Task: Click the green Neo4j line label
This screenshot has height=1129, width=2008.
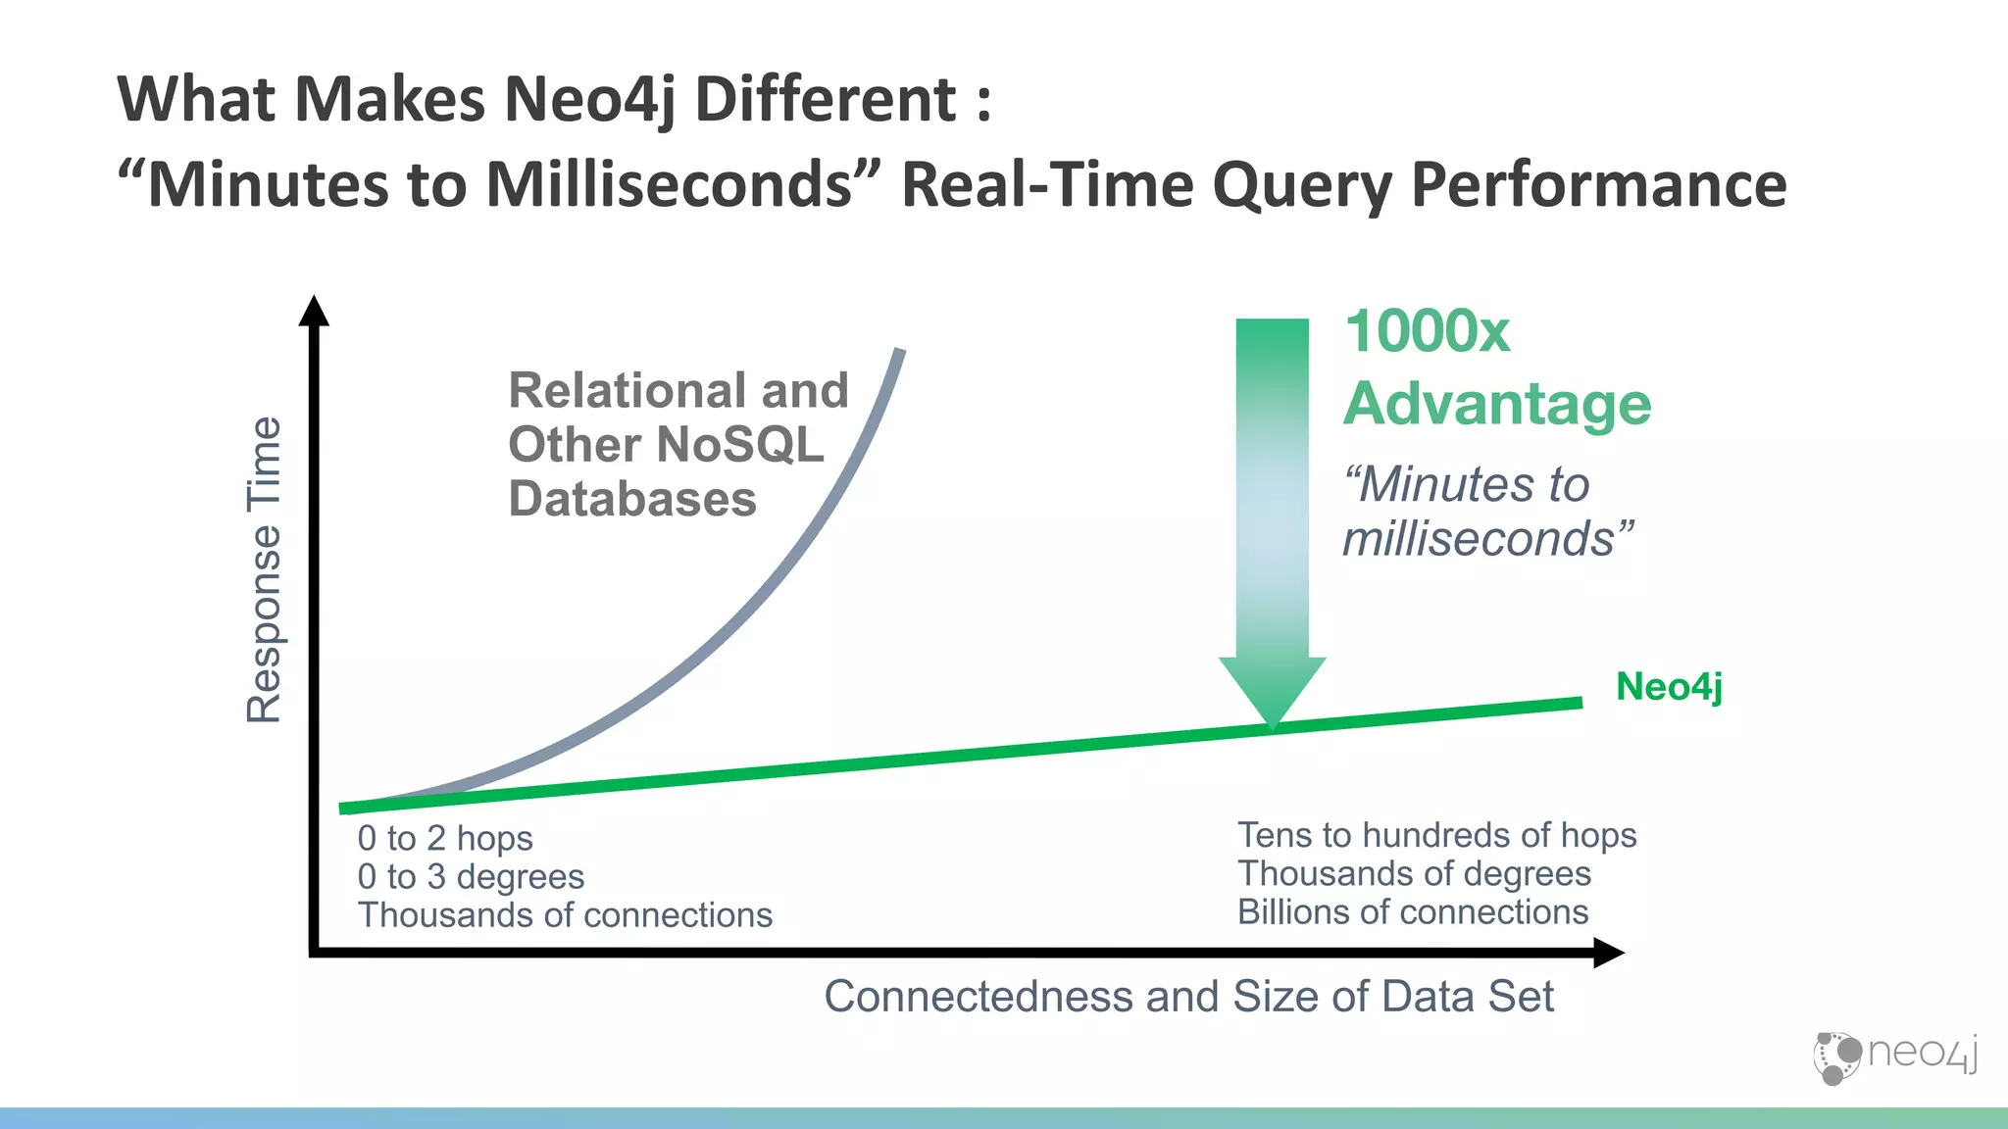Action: click(1669, 687)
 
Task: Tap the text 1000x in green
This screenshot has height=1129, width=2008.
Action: click(1427, 331)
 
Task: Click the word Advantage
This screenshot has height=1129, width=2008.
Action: click(1497, 404)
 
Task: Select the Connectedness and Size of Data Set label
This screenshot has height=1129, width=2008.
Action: click(1188, 997)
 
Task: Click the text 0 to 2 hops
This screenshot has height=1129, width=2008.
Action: click(445, 839)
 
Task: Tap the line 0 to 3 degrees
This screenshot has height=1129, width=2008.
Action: click(471, 877)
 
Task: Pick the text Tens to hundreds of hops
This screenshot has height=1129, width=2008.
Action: click(1436, 835)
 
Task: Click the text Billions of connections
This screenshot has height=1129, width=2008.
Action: click(1412, 912)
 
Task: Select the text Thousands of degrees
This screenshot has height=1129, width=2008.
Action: click(1414, 873)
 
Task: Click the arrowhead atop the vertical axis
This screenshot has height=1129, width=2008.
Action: click(314, 312)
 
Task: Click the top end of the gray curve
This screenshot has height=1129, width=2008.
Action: click(899, 353)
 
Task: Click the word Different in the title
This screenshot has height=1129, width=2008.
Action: click(826, 99)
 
